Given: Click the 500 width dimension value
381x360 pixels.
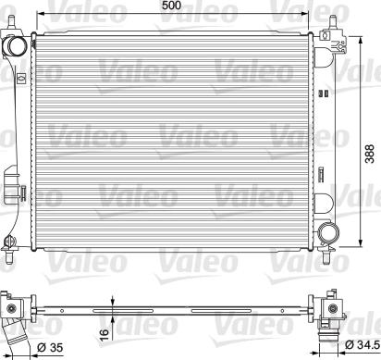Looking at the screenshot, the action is point(172,6).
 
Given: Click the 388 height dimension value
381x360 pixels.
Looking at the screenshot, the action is point(369,154).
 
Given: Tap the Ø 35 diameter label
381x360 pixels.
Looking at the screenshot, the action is point(50,348).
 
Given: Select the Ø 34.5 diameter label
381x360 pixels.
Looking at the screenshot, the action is point(362,344).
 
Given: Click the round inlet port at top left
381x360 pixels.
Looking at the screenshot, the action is point(15,46).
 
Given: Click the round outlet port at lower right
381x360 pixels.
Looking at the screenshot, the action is point(328,232).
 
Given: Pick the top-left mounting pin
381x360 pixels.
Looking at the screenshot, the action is point(11,21).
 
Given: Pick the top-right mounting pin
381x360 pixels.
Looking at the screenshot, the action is point(333,22).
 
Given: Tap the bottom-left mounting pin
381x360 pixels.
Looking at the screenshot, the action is point(9,257).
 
